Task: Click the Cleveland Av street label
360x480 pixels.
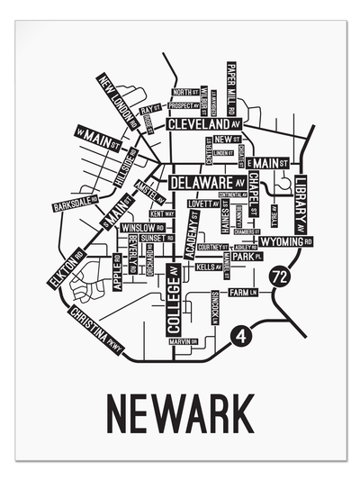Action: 206,123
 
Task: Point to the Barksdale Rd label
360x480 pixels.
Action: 74,204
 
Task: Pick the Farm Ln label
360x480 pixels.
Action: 242,293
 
